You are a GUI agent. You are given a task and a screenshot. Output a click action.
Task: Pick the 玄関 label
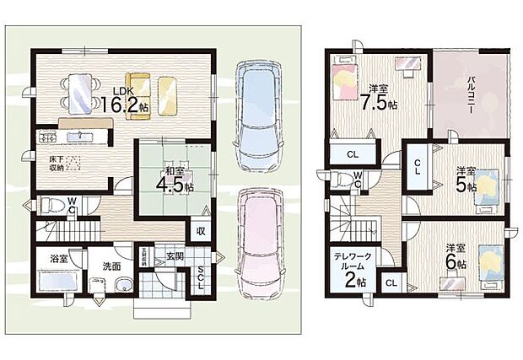click(x=173, y=255)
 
